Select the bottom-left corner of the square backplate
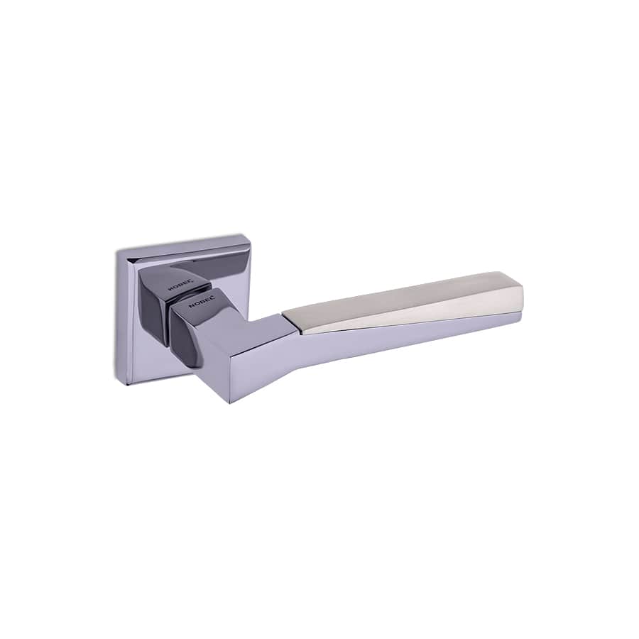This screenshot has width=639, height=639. coord(129,383)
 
